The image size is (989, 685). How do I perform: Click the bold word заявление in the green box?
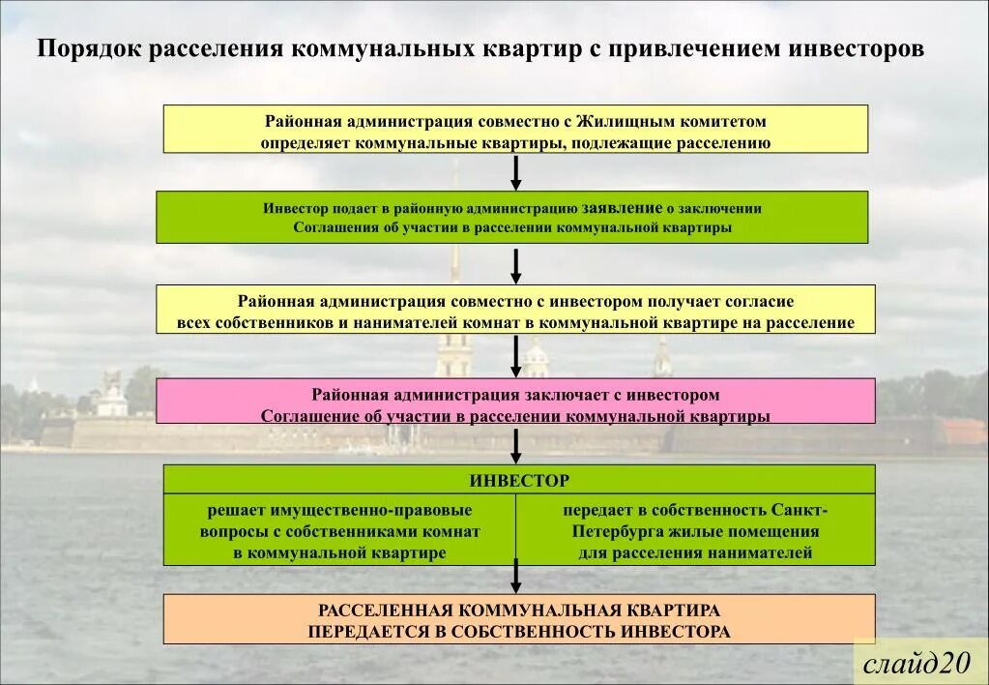(621, 208)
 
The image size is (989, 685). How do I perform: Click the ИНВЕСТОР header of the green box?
(519, 480)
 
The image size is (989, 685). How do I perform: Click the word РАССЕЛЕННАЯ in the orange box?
(386, 611)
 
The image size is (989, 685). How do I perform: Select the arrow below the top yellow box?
(516, 172)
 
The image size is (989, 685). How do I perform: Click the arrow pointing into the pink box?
(516, 357)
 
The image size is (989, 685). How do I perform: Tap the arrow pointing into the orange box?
(516, 577)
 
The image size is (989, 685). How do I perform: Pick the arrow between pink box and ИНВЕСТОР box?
(516, 445)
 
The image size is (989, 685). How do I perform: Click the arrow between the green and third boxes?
(516, 265)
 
